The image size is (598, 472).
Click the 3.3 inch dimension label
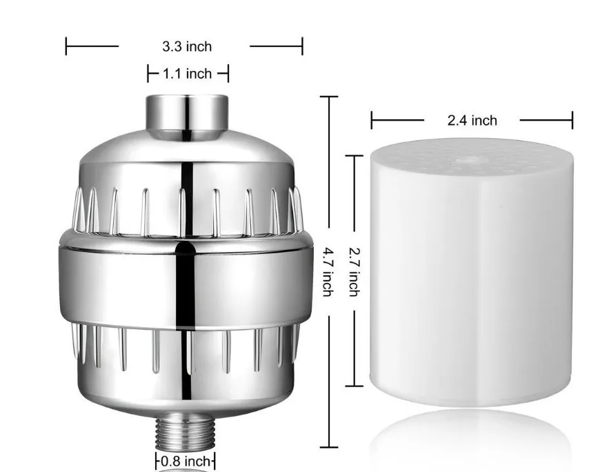click(187, 46)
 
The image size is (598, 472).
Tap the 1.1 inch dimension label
click(187, 74)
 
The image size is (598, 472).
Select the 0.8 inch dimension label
click(186, 461)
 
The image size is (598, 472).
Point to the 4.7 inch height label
click(328, 272)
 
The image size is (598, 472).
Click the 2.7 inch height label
click(354, 272)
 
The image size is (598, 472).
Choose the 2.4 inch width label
click(472, 121)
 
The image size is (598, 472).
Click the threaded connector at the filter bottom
click(186, 431)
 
